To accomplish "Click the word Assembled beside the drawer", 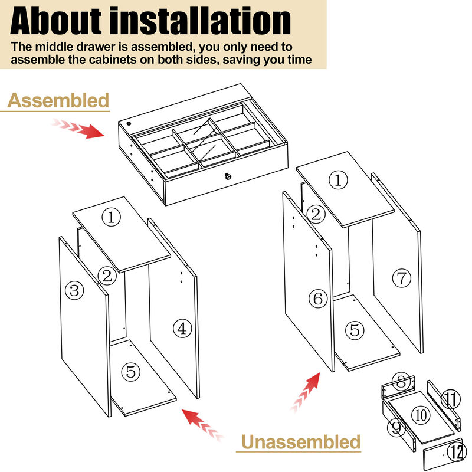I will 58,101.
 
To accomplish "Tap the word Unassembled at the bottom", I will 300,441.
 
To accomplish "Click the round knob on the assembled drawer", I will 228,176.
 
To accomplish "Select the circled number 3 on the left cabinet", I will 74,290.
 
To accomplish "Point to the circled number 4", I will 182,329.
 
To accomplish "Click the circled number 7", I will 401,277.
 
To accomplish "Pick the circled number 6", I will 318,299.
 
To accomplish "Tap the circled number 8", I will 401,382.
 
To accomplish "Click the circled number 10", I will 421,415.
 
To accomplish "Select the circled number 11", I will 451,400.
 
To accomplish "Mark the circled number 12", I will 455,453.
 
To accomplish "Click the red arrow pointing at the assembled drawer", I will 79,128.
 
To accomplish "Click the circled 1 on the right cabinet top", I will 338,181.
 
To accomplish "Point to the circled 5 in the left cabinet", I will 131,372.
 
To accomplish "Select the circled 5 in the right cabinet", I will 355,330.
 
